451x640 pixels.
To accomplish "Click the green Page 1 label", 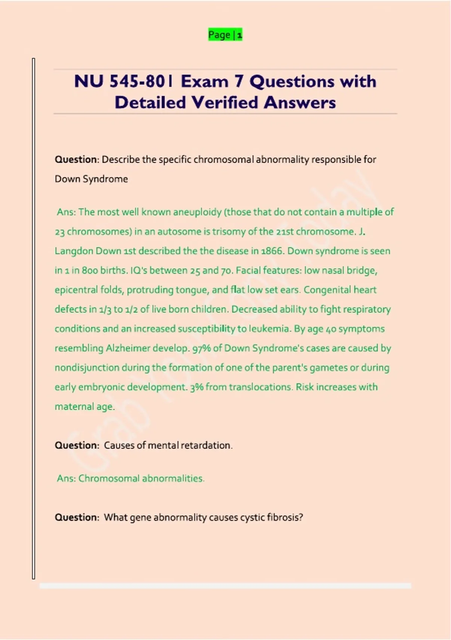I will click(x=225, y=35).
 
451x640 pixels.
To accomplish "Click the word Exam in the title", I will click(x=204, y=81).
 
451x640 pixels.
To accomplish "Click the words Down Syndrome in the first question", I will click(x=91, y=179).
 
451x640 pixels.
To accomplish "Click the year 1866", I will click(x=272, y=251).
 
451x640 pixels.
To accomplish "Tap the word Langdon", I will click(x=74, y=251).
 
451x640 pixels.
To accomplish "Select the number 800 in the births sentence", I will click(x=90, y=270).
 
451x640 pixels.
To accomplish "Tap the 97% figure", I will click(x=201, y=348).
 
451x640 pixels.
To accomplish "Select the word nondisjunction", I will click(x=87, y=367).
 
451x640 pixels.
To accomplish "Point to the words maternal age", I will click(x=85, y=407).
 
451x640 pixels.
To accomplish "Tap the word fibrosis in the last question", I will click(x=285, y=517).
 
